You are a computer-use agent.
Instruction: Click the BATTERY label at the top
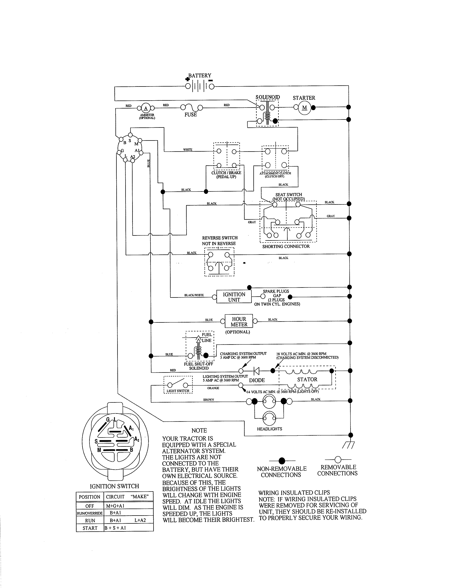point(199,76)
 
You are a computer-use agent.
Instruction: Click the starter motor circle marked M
point(304,108)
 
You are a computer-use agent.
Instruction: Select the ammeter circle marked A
point(146,108)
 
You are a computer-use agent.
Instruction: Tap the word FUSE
point(190,115)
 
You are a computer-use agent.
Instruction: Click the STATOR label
point(307,379)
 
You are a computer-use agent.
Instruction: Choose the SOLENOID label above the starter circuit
point(267,97)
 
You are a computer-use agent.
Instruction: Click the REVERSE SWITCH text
point(220,238)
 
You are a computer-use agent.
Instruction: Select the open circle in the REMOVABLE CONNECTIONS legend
point(338,459)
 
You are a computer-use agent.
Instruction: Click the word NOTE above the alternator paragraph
point(199,430)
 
